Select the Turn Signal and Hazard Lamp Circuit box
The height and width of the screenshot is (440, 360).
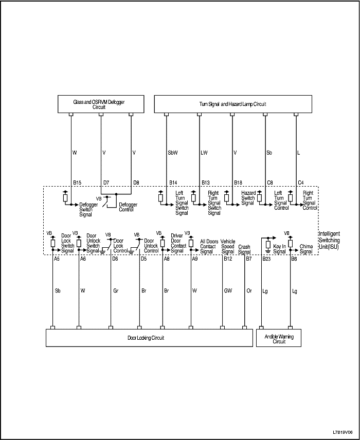click(x=232, y=104)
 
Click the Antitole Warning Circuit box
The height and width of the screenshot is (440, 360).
click(x=279, y=338)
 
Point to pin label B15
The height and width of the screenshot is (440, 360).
click(x=77, y=182)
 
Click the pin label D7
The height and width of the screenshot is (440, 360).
click(x=106, y=182)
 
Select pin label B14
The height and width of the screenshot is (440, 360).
click(x=173, y=182)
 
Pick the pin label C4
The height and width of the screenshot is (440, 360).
click(x=301, y=182)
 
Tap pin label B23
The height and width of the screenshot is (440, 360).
click(x=266, y=260)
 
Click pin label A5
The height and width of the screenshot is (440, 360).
click(x=57, y=260)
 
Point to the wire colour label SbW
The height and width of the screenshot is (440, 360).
click(x=172, y=153)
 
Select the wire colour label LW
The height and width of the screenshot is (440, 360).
click(x=204, y=153)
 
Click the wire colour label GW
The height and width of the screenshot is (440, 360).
click(x=227, y=290)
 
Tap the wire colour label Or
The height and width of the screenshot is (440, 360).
click(x=249, y=290)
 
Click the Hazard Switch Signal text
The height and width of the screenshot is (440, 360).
click(x=248, y=198)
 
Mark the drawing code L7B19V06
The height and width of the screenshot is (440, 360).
click(x=343, y=432)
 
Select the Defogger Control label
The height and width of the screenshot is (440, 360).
click(x=128, y=207)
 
